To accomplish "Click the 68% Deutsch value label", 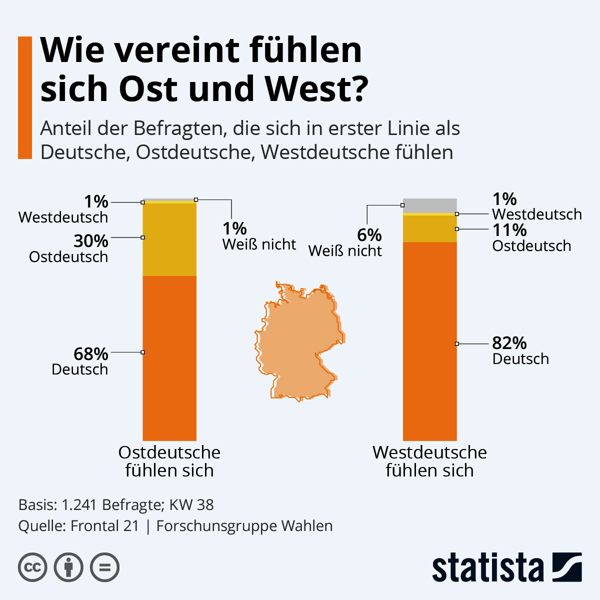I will pos(90,354).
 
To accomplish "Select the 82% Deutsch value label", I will pos(509,343).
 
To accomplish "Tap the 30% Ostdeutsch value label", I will pos(90,241).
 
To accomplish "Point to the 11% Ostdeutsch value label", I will pos(509,230).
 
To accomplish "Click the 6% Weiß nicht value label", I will pos(369,235).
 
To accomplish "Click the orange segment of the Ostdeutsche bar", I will pos(169,357).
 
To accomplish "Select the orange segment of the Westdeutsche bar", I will pos(429,340).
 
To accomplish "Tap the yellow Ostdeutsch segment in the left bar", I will pos(169,239).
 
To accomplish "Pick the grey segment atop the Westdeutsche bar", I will pos(429,205).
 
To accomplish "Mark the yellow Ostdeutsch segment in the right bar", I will pos(429,228).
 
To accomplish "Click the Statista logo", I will pos(506,567).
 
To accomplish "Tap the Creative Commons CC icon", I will pos(32,567).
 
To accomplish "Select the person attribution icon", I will pos(68,567).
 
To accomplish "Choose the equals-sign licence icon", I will pos(104,567).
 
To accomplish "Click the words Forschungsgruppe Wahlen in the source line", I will pos(244,526).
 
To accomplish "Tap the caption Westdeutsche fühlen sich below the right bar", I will pos(429,461).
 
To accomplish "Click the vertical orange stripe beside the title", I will pos(25,97).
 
